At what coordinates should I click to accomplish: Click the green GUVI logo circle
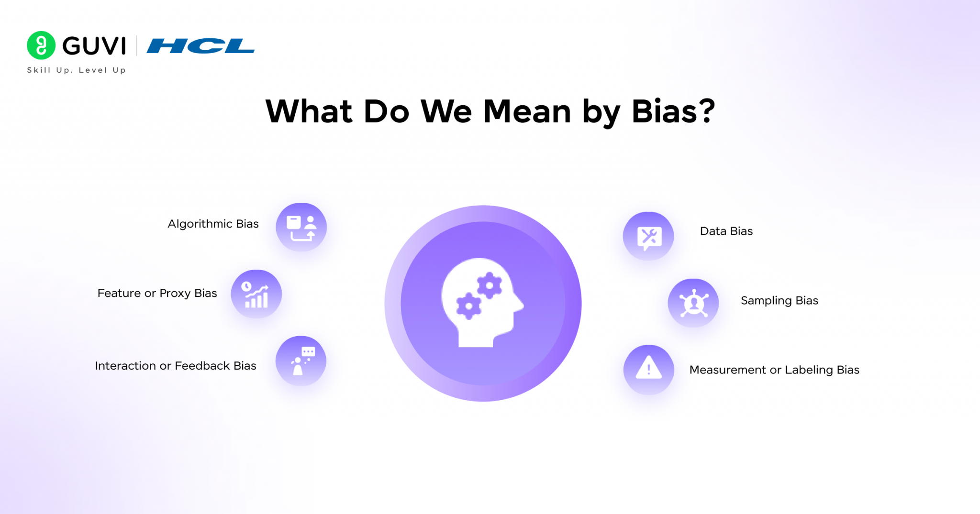point(41,45)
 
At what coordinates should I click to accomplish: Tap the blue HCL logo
point(200,46)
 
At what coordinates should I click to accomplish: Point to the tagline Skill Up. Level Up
point(77,70)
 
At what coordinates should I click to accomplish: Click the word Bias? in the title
point(673,111)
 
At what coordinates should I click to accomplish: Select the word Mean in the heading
point(527,111)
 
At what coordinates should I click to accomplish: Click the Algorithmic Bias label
point(213,224)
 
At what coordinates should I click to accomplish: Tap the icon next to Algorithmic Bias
point(301,227)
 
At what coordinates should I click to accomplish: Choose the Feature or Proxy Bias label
point(157,293)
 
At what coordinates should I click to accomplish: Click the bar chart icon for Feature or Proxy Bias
point(256,294)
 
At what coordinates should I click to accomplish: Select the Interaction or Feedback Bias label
point(176,366)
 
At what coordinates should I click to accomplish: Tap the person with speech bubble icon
point(301,361)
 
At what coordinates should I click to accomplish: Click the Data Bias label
point(726,231)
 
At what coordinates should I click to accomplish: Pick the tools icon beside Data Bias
point(648,236)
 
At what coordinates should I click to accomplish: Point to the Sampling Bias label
point(779,301)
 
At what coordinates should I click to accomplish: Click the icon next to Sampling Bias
point(693,303)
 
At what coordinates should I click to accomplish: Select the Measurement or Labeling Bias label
point(774,370)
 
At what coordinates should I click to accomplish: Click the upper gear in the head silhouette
point(489,286)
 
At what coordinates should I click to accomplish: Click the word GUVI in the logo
point(94,46)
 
